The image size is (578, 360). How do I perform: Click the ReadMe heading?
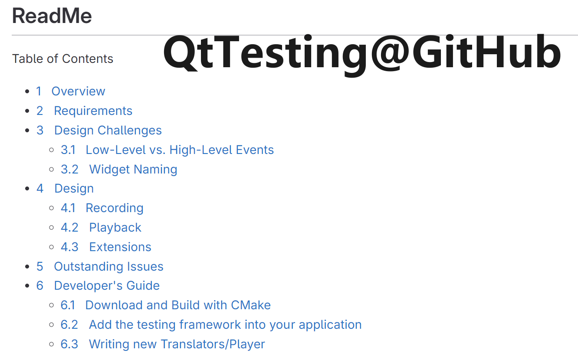pyautogui.click(x=52, y=16)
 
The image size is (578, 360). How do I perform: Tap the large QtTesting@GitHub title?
pyautogui.click(x=362, y=53)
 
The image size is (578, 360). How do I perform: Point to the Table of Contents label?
pyautogui.click(x=62, y=59)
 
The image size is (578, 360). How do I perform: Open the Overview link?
pyautogui.click(x=78, y=91)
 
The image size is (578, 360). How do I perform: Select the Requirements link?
pyautogui.click(x=93, y=111)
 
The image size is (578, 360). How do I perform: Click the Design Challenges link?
pyautogui.click(x=108, y=130)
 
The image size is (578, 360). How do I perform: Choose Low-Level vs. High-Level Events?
pyautogui.click(x=180, y=150)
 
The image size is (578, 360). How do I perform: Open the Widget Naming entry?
pyautogui.click(x=133, y=169)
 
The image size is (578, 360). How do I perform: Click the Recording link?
pyautogui.click(x=115, y=208)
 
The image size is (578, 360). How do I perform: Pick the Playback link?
pyautogui.click(x=115, y=227)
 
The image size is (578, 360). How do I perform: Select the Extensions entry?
pyautogui.click(x=120, y=247)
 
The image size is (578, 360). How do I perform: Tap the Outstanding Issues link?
pyautogui.click(x=108, y=266)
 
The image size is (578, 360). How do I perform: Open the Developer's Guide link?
pyautogui.click(x=107, y=285)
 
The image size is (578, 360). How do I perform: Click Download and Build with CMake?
pyautogui.click(x=178, y=305)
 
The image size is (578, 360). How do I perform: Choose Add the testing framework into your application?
pyautogui.click(x=225, y=324)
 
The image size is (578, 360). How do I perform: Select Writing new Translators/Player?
pyautogui.click(x=177, y=344)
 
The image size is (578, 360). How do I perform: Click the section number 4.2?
pyautogui.click(x=69, y=227)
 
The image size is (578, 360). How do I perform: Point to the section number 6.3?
pyautogui.click(x=69, y=344)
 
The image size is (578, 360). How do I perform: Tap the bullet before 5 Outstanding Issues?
pyautogui.click(x=28, y=266)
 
